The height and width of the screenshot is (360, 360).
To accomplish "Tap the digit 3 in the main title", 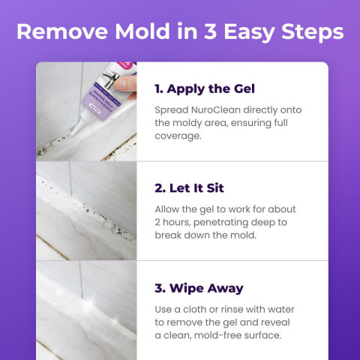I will tap(208, 33).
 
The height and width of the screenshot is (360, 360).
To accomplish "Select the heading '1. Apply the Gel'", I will tap(205, 88).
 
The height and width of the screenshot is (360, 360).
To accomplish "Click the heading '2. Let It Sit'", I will tap(189, 187).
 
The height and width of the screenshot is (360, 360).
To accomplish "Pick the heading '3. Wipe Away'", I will tap(199, 288).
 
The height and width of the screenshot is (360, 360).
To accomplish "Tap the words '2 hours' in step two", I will tap(175, 223).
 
